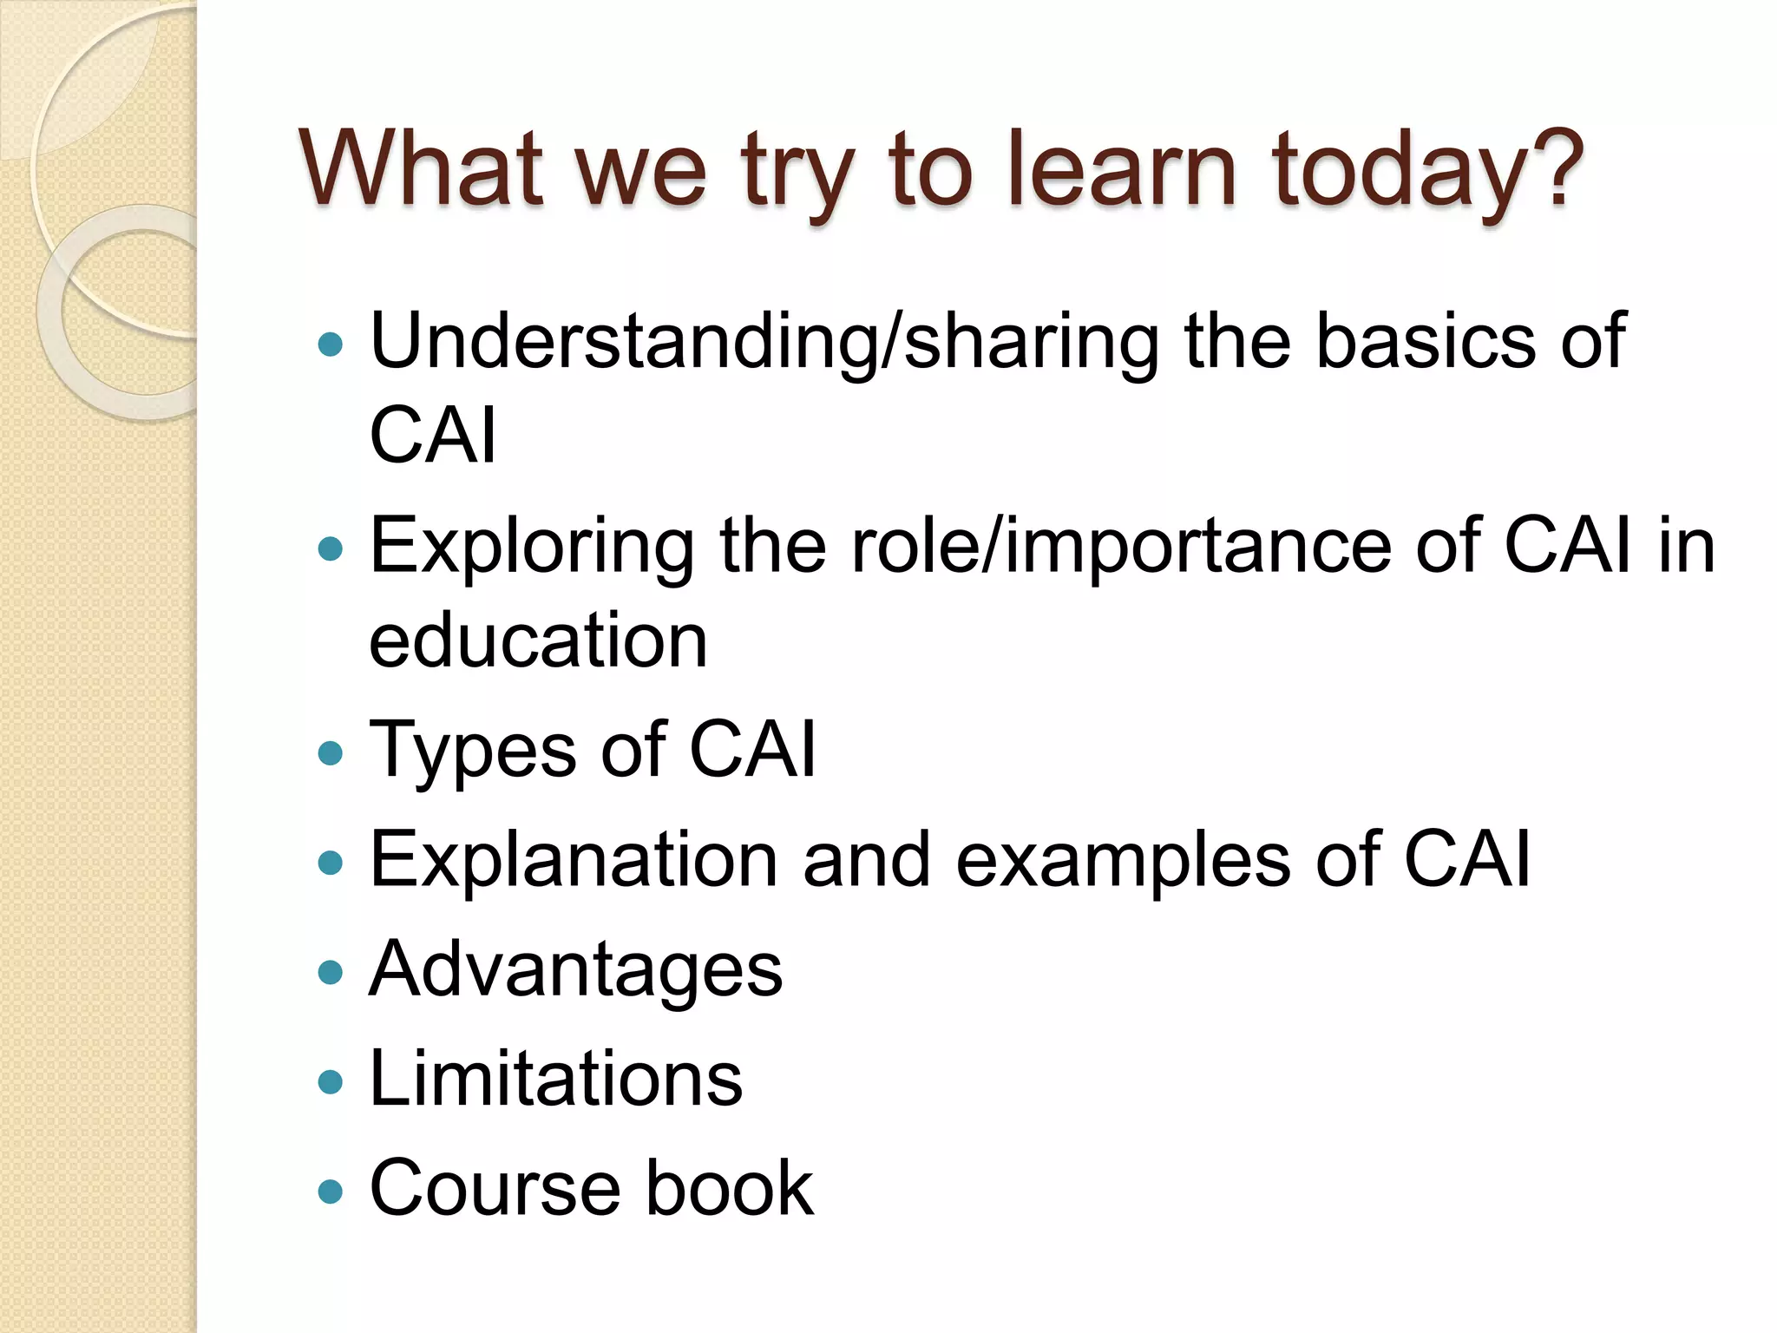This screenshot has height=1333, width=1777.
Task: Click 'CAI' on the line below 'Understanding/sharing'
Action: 432,435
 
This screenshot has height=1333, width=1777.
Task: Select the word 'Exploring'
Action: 532,547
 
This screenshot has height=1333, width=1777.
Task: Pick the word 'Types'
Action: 474,751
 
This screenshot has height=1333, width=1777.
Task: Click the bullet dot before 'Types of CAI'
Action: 331,752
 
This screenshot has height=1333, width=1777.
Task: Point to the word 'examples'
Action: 1123,861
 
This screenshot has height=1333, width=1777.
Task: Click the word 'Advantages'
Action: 575,970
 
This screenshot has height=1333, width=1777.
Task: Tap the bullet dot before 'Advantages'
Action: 331,972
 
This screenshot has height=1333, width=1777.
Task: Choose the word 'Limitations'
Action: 555,1079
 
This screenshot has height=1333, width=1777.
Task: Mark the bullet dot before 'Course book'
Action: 331,1191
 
